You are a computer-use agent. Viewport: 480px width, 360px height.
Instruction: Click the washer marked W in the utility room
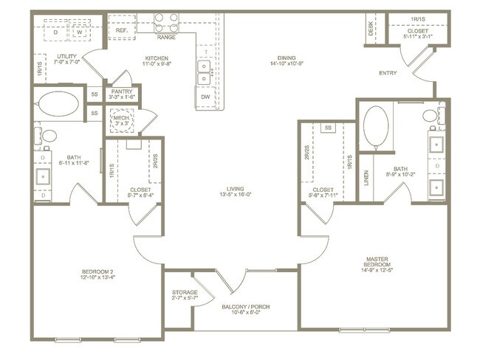tap(78, 32)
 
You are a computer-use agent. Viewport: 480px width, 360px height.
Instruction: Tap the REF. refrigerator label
tap(121, 30)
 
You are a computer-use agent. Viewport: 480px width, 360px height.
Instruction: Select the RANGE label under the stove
tap(166, 37)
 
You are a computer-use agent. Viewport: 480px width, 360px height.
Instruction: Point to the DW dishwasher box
tap(205, 96)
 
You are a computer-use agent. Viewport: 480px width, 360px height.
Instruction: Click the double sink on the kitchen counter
tap(205, 71)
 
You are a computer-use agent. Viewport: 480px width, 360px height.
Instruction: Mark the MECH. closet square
tap(120, 120)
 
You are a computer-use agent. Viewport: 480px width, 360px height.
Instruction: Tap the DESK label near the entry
tap(370, 29)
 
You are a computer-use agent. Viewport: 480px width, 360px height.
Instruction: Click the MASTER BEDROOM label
tap(383, 262)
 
